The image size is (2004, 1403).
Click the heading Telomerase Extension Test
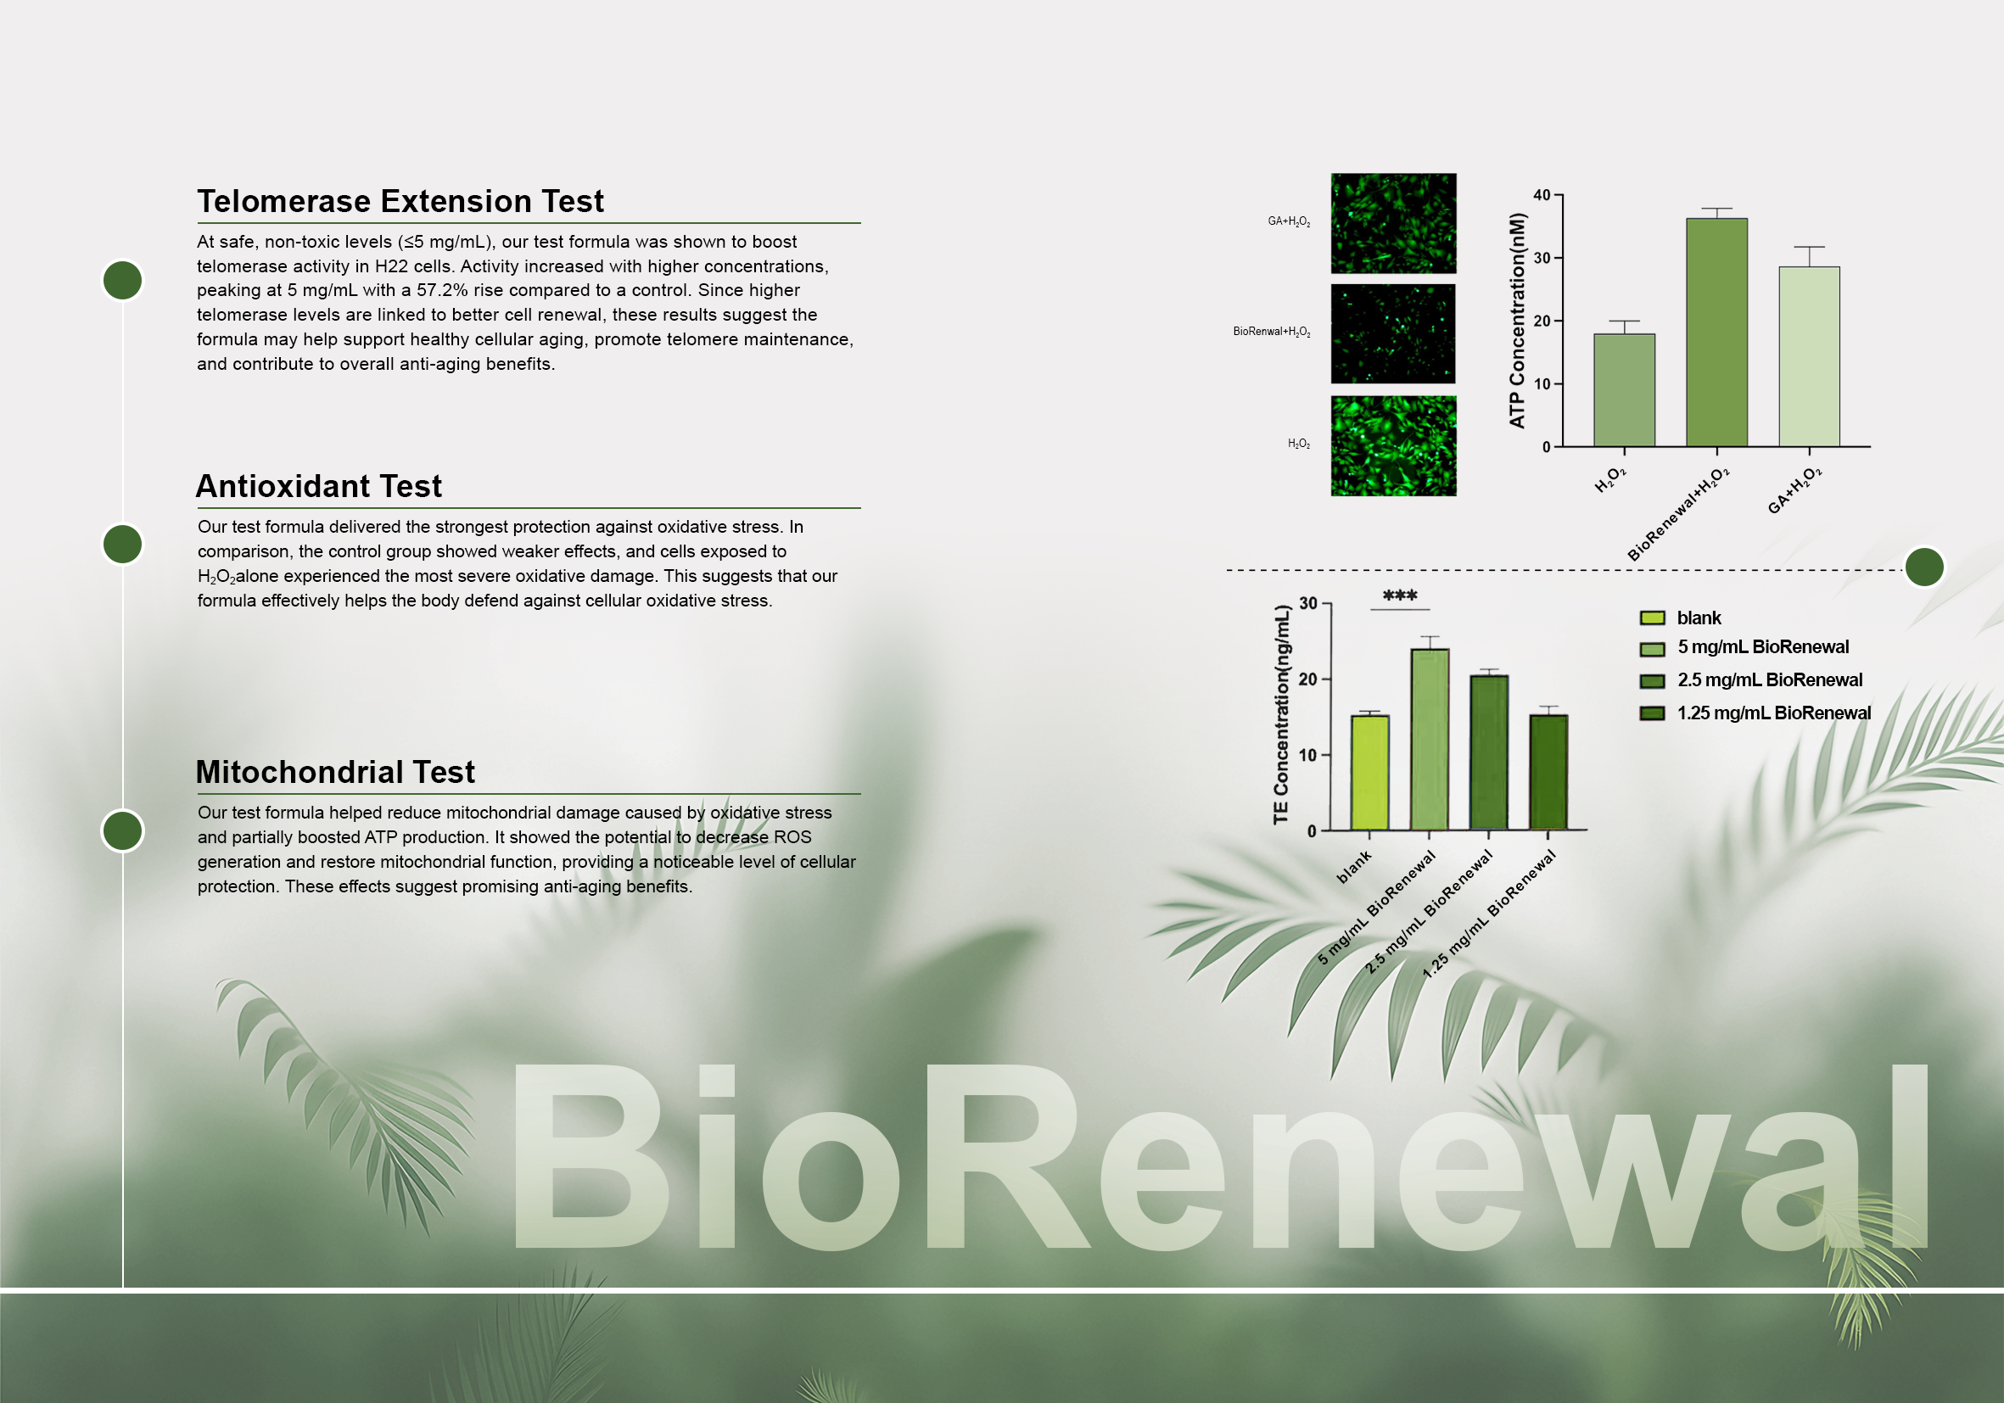point(400,202)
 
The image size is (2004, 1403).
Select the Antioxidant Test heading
point(318,486)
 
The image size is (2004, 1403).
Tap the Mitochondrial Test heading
point(335,772)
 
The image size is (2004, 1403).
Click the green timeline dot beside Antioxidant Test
point(122,545)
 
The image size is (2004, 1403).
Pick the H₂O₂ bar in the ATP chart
point(1624,390)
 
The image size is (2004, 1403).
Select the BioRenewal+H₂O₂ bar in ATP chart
point(1717,333)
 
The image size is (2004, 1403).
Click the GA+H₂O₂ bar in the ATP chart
point(1810,357)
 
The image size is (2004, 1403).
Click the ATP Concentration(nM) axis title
point(1517,321)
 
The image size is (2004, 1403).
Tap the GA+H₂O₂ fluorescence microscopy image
point(1393,223)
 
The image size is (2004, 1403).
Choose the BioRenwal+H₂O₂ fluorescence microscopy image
point(1393,333)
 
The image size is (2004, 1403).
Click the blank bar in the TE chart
point(1369,772)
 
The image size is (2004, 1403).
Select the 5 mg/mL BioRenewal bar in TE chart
point(1430,739)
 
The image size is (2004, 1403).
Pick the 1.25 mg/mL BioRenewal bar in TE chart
point(1548,772)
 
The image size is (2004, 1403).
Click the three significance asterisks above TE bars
point(1400,596)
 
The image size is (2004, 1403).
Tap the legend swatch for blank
point(1652,618)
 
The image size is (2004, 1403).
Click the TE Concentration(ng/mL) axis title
point(1281,714)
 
